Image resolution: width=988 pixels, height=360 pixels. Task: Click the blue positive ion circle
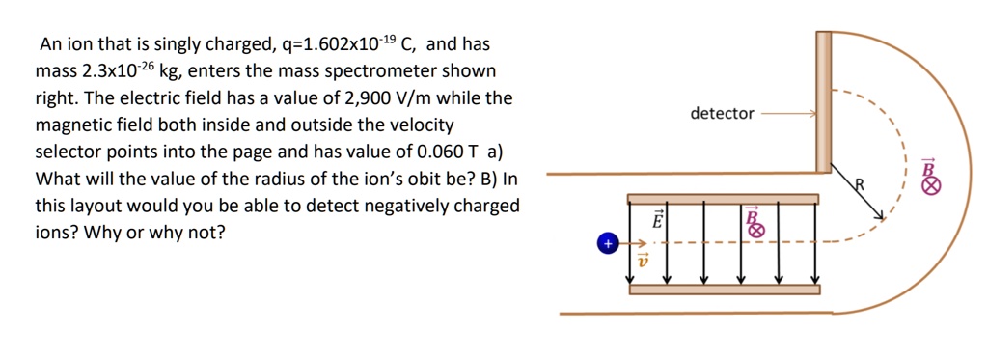click(x=607, y=244)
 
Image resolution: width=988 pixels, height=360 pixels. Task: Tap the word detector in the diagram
click(x=722, y=114)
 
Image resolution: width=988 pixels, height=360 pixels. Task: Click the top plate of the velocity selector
click(x=723, y=199)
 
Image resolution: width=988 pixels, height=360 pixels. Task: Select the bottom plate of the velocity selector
click(x=723, y=289)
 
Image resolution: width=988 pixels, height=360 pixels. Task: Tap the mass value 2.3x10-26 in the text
click(x=106, y=71)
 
